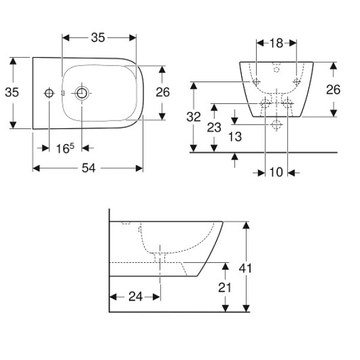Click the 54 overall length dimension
[88, 169]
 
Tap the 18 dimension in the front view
[276, 43]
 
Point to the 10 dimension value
[276, 173]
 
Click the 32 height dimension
[193, 117]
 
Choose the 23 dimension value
[214, 127]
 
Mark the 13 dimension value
[235, 137]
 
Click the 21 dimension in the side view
[224, 287]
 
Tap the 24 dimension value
[134, 296]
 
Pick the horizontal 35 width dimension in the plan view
[98, 37]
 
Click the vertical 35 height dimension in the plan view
[12, 92]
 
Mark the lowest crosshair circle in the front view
[276, 125]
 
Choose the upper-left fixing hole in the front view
[257, 81]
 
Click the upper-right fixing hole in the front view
[296, 81]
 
